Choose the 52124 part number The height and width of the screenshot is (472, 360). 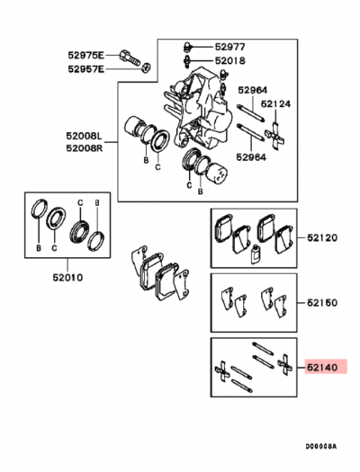click(x=275, y=104)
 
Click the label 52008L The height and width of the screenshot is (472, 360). click(x=84, y=136)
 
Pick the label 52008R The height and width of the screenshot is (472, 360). click(x=84, y=149)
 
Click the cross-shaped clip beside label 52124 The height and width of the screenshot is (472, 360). click(x=277, y=130)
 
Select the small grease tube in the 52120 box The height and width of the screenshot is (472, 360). click(x=256, y=254)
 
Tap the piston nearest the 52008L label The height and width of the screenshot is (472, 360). click(x=139, y=129)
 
